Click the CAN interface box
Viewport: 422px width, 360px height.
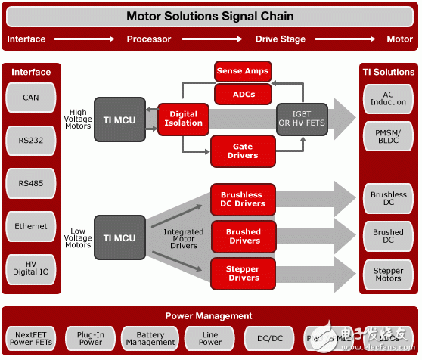coord(31,98)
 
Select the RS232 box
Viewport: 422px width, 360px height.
coord(31,140)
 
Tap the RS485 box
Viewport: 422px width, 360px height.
coord(31,182)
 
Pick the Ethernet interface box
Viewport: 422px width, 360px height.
coord(31,225)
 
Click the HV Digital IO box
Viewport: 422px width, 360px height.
coord(31,268)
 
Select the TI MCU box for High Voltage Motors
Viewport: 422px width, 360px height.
coord(119,119)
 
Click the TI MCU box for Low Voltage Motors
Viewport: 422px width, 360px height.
coord(119,238)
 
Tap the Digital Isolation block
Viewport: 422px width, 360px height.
coord(182,119)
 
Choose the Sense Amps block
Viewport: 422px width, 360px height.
coord(242,71)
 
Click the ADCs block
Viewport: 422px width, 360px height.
coord(242,94)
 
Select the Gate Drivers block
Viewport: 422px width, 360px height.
coord(243,151)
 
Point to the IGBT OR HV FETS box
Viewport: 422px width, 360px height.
coord(302,119)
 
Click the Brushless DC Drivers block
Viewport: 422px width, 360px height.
coord(243,199)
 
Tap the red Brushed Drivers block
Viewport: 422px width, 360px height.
coord(243,236)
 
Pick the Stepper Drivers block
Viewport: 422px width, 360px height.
coord(243,273)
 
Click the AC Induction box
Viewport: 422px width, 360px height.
coord(388,98)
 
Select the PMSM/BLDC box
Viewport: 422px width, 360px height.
coord(388,137)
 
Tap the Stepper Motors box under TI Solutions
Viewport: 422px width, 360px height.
coord(388,273)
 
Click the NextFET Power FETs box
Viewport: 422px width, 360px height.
coord(31,337)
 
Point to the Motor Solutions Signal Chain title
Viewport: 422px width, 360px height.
coord(209,15)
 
